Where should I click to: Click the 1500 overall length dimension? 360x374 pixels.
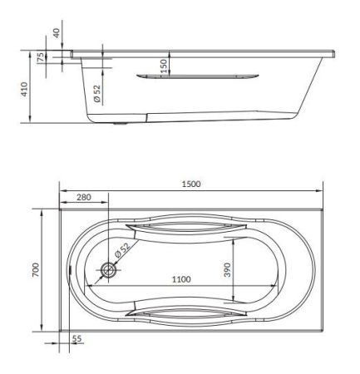point(192,184)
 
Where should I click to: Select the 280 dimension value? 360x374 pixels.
point(84,199)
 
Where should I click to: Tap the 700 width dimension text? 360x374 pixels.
point(36,271)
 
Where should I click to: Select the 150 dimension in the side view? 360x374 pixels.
point(164,63)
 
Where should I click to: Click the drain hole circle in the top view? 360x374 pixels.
point(107,270)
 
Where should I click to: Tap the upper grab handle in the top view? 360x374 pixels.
point(186,228)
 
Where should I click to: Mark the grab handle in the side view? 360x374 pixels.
point(195,77)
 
